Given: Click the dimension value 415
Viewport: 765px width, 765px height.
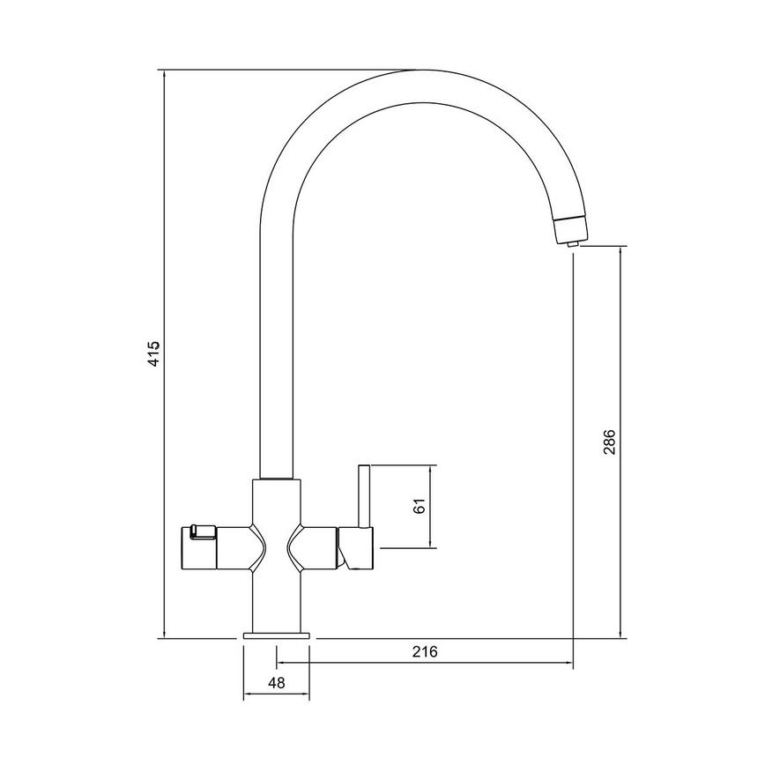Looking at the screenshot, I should coord(152,353).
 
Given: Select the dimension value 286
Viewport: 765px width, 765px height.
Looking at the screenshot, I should coord(609,442).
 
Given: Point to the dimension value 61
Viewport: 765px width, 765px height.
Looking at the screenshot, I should coord(420,506).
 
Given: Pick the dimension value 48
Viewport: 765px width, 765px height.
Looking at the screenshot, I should coord(275,681).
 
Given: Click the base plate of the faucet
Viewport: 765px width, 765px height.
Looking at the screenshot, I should coord(276,635).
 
